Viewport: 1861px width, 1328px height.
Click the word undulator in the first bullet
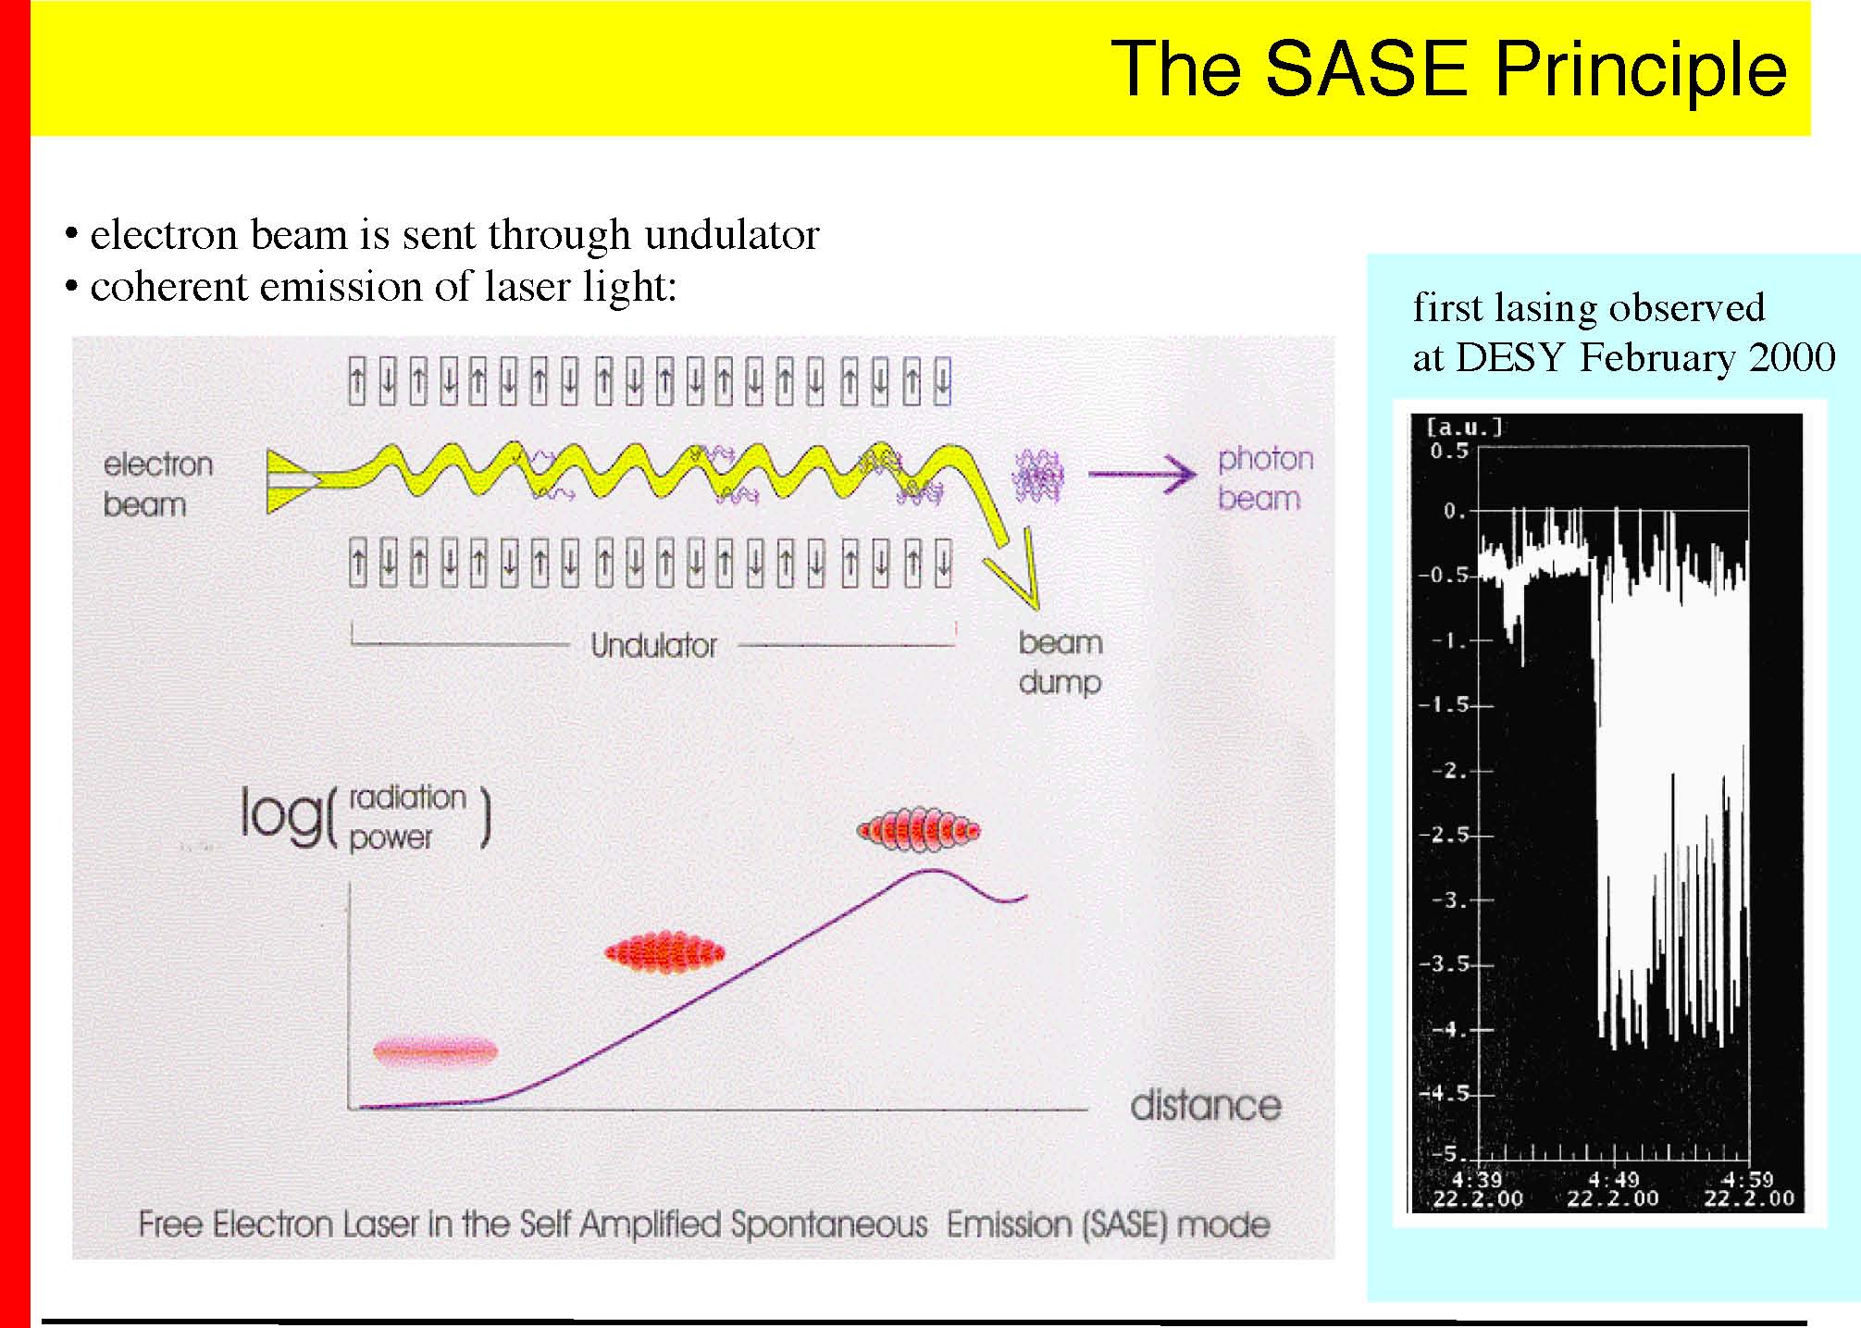click(731, 235)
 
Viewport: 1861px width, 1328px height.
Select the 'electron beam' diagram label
click(157, 484)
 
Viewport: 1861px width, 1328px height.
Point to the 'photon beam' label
click(1265, 478)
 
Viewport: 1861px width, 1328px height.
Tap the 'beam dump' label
click(1061, 662)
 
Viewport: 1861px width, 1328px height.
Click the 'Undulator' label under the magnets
click(654, 645)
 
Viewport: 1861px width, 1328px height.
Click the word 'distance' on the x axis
click(1206, 1105)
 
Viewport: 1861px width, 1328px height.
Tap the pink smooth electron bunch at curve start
click(435, 1051)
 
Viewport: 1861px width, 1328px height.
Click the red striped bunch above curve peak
click(918, 830)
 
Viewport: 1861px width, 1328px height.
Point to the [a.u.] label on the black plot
click(1465, 427)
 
